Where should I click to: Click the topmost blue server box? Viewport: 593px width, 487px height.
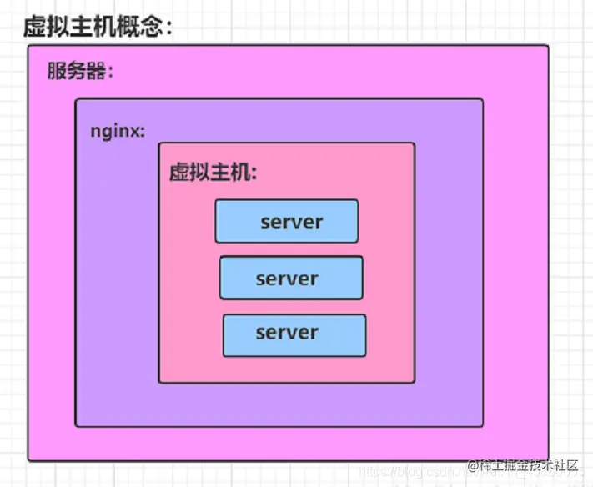pos(287,221)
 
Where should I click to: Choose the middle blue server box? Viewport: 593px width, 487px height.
pos(291,278)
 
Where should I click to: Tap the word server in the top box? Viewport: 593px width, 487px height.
pos(291,222)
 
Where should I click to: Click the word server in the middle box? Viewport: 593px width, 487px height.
pos(287,279)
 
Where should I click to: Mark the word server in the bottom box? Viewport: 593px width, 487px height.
pos(287,333)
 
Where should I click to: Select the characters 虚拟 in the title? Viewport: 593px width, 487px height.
pos(45,26)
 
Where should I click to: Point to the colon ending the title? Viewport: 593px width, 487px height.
pos(170,28)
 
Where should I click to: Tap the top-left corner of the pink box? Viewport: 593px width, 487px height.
pos(159,143)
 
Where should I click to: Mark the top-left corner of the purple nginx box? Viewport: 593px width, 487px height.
pos(76,99)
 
